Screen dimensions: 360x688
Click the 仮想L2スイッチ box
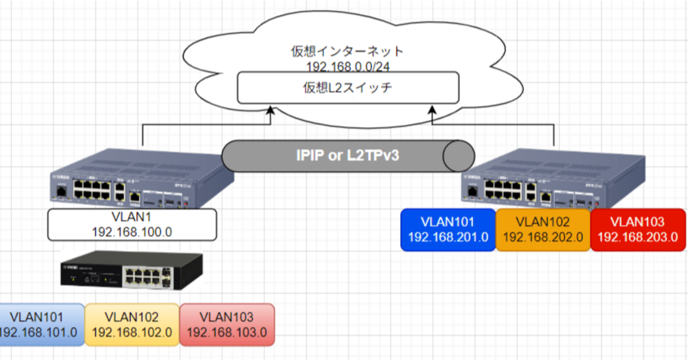pos(348,88)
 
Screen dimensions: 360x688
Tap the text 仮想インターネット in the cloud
pos(347,52)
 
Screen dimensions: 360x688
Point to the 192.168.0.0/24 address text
pos(347,66)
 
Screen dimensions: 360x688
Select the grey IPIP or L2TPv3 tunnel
pos(344,156)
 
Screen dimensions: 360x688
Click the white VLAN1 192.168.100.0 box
pos(132,225)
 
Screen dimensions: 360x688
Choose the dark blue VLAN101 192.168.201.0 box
pos(448,230)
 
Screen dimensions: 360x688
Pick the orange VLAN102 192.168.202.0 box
pos(543,230)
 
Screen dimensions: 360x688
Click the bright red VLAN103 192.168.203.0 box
pos(639,230)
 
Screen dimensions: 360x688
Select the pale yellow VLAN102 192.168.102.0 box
pos(132,325)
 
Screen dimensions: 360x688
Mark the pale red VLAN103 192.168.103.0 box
pos(226,325)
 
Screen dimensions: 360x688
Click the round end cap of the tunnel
pos(458,156)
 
